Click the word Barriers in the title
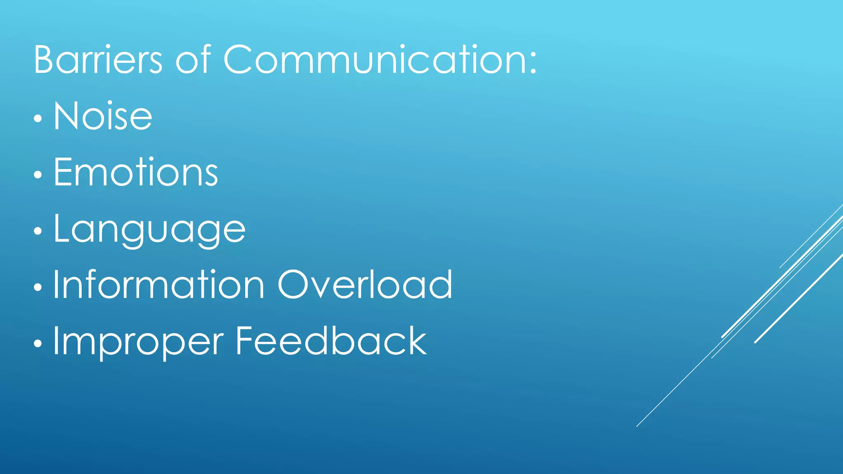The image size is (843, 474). pos(98,60)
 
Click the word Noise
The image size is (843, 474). pos(103,116)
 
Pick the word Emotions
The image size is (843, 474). pos(136,172)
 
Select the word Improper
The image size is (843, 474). pos(139,342)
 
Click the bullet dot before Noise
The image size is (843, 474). pos(38,119)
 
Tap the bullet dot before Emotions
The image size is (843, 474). pos(38,175)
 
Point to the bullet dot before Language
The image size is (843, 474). pos(38,231)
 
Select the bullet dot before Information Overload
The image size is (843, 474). pos(38,287)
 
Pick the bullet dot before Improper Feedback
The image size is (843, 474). pos(38,343)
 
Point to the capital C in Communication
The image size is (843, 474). pos(240,60)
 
